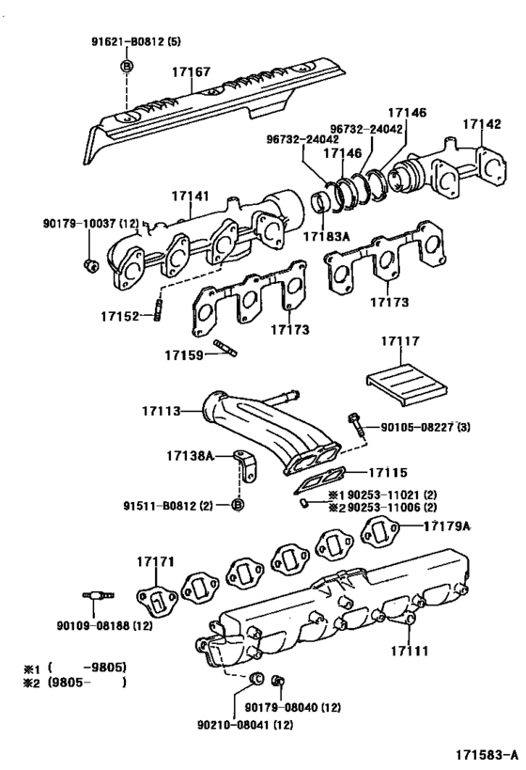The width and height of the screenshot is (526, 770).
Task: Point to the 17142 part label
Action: (482, 124)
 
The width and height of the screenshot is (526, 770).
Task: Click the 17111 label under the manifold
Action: (410, 651)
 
